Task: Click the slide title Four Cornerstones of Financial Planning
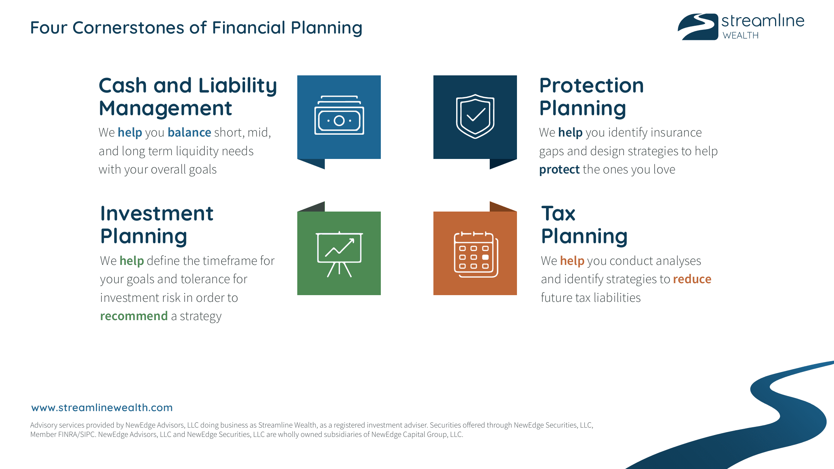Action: [x=196, y=28]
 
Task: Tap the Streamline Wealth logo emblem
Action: [x=698, y=27]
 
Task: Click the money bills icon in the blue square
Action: [x=339, y=116]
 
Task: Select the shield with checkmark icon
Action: [x=475, y=116]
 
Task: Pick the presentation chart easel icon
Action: [x=339, y=254]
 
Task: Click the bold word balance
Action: [x=189, y=132]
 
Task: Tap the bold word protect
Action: [x=559, y=169]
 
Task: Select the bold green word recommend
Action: [x=134, y=316]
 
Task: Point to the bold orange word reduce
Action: [x=692, y=279]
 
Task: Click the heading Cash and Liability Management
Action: [x=188, y=97]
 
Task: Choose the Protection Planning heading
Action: [x=591, y=97]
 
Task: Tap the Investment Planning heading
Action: [x=157, y=225]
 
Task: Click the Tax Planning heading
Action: [x=584, y=225]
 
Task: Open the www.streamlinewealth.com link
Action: [x=102, y=407]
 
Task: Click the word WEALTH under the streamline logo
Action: [x=740, y=35]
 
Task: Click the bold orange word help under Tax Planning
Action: [x=572, y=260]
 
